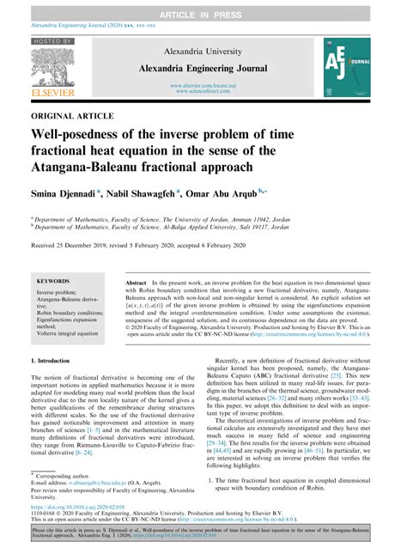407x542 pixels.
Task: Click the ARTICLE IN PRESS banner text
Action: (203, 15)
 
